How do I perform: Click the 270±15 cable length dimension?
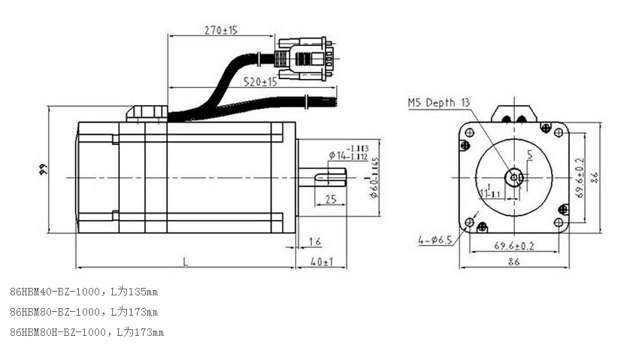click(221, 30)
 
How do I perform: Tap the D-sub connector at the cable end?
click(304, 59)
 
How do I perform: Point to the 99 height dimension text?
click(43, 171)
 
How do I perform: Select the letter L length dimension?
click(185, 261)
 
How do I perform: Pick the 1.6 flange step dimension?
click(314, 241)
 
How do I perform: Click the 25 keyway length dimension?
click(330, 199)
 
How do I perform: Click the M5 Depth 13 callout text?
click(439, 103)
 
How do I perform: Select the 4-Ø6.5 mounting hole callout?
click(435, 241)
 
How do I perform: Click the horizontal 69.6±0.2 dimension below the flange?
click(514, 246)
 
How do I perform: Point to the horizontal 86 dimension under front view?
click(514, 262)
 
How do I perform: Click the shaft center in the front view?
click(514, 178)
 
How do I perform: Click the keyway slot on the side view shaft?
click(330, 178)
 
